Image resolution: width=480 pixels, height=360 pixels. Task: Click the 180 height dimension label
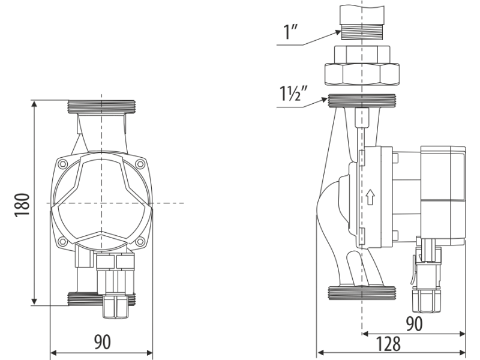tap(22, 205)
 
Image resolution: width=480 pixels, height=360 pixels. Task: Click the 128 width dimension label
tap(388, 343)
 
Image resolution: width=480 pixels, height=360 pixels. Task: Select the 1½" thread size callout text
tap(293, 93)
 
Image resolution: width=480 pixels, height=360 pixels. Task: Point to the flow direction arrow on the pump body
tap(370, 197)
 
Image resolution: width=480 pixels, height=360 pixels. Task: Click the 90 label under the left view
tap(102, 342)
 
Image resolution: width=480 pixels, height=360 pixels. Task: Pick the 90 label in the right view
tap(414, 323)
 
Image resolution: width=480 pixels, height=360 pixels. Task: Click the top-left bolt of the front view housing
tap(63, 164)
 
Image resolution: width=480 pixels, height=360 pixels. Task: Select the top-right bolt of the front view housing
tap(140, 164)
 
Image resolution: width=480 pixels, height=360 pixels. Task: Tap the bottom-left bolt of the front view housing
tap(63, 241)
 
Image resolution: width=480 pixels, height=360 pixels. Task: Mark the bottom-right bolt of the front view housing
tap(140, 241)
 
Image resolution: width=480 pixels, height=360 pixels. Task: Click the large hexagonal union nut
tap(362, 74)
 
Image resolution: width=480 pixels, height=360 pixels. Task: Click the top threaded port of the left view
tap(101, 107)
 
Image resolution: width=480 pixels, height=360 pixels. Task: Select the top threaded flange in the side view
tap(362, 101)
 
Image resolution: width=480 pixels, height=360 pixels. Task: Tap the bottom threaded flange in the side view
tap(362, 293)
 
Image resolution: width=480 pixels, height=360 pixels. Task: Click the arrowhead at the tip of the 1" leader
tap(338, 32)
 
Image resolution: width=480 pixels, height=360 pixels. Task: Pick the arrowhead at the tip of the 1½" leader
tap(325, 100)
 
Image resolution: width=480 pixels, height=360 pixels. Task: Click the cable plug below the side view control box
tap(427, 275)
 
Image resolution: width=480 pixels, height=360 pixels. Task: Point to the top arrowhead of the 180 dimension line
tap(34, 103)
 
